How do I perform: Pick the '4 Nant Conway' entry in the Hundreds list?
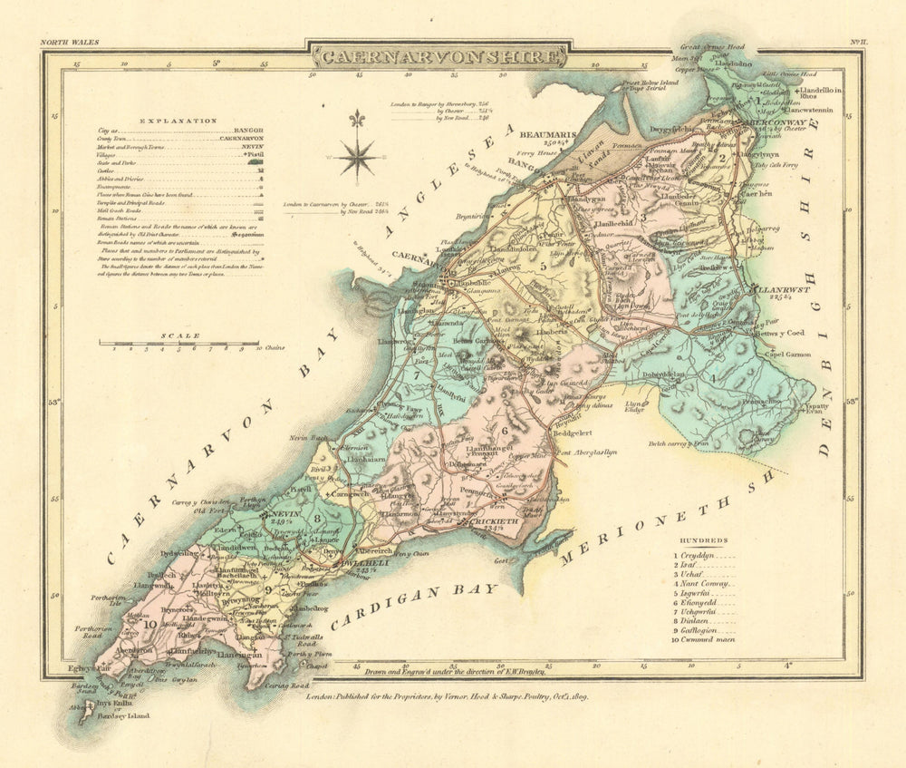(x=702, y=584)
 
